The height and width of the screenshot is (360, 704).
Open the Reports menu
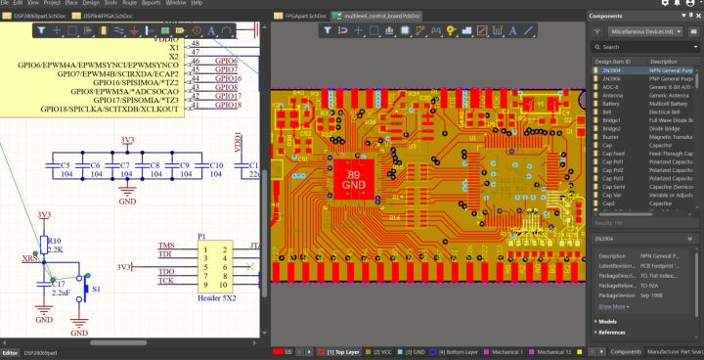click(151, 4)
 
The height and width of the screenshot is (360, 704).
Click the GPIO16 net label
click(228, 78)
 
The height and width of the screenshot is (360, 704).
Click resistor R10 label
click(55, 240)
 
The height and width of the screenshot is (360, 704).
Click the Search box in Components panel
click(641, 47)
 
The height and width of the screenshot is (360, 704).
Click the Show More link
click(613, 306)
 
